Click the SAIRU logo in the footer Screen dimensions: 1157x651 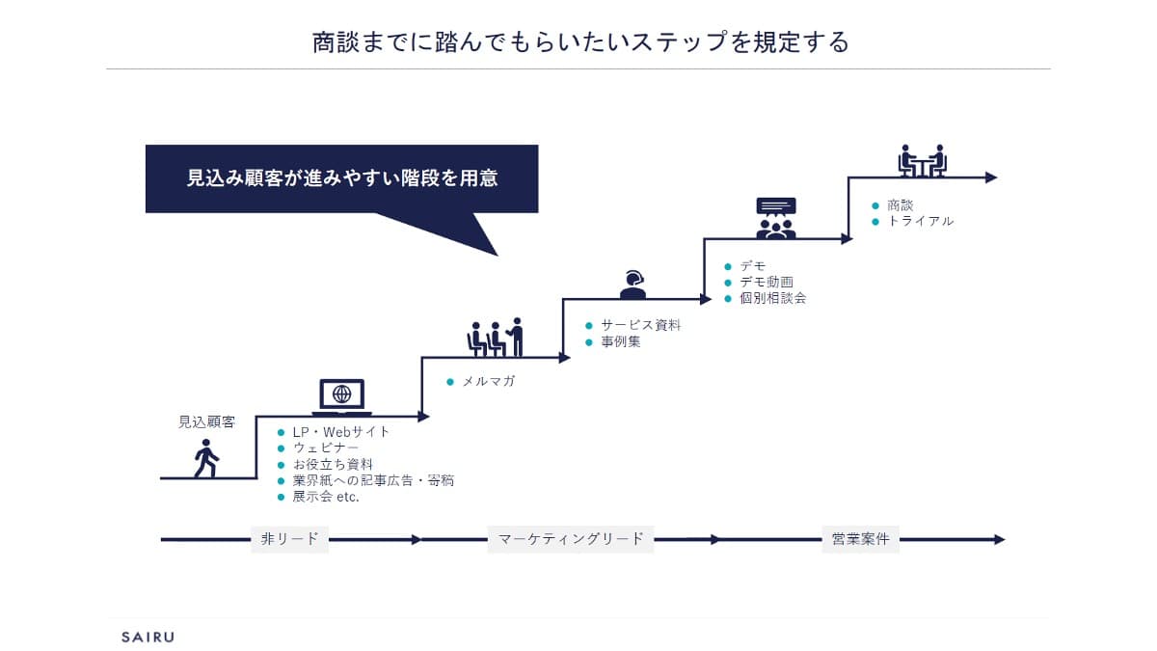click(148, 637)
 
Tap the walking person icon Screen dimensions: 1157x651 click(206, 458)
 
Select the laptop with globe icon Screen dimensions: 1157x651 click(342, 397)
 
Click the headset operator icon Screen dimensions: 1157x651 click(632, 285)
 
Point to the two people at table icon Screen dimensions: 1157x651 click(923, 161)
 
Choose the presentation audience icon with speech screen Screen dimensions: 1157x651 click(776, 218)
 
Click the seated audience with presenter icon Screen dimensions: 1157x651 click(496, 338)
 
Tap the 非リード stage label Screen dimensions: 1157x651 click(290, 539)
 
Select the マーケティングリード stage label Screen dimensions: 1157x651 click(571, 539)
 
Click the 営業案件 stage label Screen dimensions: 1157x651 click(860, 539)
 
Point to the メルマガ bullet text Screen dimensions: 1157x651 click(488, 381)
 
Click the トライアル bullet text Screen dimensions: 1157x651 click(921, 221)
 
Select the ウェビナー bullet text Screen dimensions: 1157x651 click(326, 448)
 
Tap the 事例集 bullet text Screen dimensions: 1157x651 click(621, 341)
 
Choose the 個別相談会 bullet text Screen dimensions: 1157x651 click(772, 298)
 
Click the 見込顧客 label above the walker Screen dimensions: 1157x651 click(206, 422)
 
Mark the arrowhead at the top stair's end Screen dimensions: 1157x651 click(991, 177)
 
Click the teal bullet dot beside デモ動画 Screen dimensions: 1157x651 click(728, 283)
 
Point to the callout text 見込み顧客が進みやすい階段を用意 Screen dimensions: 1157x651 click(342, 178)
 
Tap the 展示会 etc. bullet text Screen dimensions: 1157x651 click(326, 497)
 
